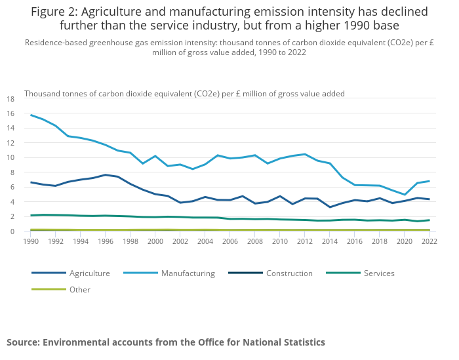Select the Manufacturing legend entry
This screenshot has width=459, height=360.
(188, 273)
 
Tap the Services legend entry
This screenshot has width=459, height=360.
(379, 273)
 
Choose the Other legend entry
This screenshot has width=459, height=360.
(79, 289)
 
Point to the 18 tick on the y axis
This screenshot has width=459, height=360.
(10, 99)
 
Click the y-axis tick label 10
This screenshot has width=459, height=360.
(10, 158)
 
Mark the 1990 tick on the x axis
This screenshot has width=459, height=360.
(31, 241)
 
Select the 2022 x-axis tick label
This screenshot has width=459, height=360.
(429, 241)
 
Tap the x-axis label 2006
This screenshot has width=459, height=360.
(229, 241)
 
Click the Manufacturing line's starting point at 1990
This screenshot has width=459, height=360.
(31, 115)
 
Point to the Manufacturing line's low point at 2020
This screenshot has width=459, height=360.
(405, 195)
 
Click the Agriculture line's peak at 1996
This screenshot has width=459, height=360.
(106, 175)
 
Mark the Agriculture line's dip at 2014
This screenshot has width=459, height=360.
(330, 207)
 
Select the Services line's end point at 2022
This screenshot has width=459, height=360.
(429, 220)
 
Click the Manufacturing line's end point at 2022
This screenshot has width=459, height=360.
(429, 181)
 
